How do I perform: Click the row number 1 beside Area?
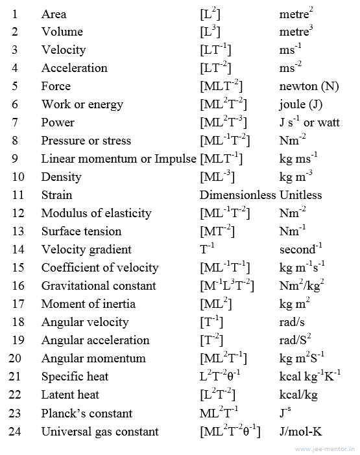pyautogui.click(x=16, y=14)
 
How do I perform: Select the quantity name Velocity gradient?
pyautogui.click(x=86, y=250)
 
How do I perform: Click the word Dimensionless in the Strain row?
pyautogui.click(x=237, y=195)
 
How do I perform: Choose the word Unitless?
pyautogui.click(x=301, y=195)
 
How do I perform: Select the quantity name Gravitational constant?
pyautogui.click(x=99, y=286)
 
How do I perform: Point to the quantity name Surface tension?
pyautogui.click(x=81, y=231)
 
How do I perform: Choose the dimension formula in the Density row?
pyautogui.click(x=217, y=176)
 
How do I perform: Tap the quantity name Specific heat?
pyautogui.click(x=75, y=377)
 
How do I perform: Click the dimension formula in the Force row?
pyautogui.click(x=222, y=86)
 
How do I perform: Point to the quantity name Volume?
pyautogui.click(x=62, y=32)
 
